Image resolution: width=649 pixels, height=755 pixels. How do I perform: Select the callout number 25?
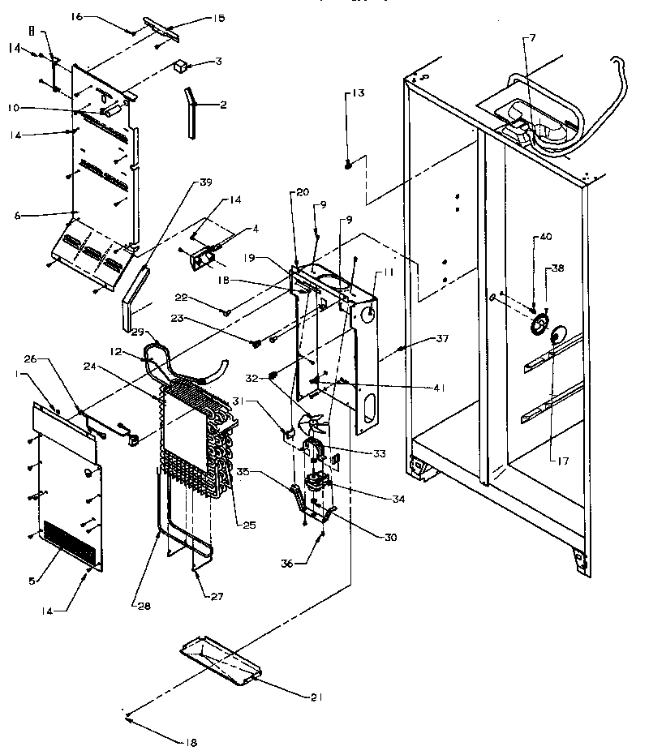coord(249,525)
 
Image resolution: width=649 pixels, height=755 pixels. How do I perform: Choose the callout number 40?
coord(544,237)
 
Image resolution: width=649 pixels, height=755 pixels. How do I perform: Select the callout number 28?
coord(135,603)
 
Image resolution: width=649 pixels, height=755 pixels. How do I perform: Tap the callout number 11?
coord(389,274)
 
